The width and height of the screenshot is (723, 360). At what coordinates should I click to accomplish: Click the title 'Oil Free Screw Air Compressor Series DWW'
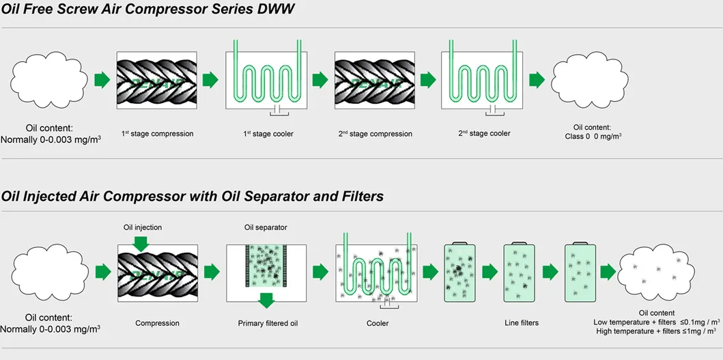(x=148, y=10)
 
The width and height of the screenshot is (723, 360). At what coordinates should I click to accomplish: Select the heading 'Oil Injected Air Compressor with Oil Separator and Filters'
(x=192, y=197)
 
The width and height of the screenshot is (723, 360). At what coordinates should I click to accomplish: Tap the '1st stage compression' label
(x=158, y=134)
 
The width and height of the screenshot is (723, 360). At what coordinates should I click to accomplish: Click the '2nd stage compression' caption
(x=375, y=134)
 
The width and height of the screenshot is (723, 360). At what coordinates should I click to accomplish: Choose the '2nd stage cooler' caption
(x=484, y=133)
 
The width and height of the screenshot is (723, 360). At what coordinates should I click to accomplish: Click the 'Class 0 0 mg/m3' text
(x=592, y=137)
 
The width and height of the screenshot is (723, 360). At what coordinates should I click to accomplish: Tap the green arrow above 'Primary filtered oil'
(x=266, y=299)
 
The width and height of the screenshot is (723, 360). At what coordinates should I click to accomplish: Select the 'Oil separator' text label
(x=265, y=227)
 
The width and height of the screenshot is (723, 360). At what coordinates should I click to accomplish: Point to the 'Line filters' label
(x=520, y=323)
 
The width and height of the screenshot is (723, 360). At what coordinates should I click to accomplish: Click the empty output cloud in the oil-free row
(x=591, y=81)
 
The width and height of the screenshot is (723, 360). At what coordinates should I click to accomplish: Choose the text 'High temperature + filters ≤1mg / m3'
(x=657, y=331)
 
